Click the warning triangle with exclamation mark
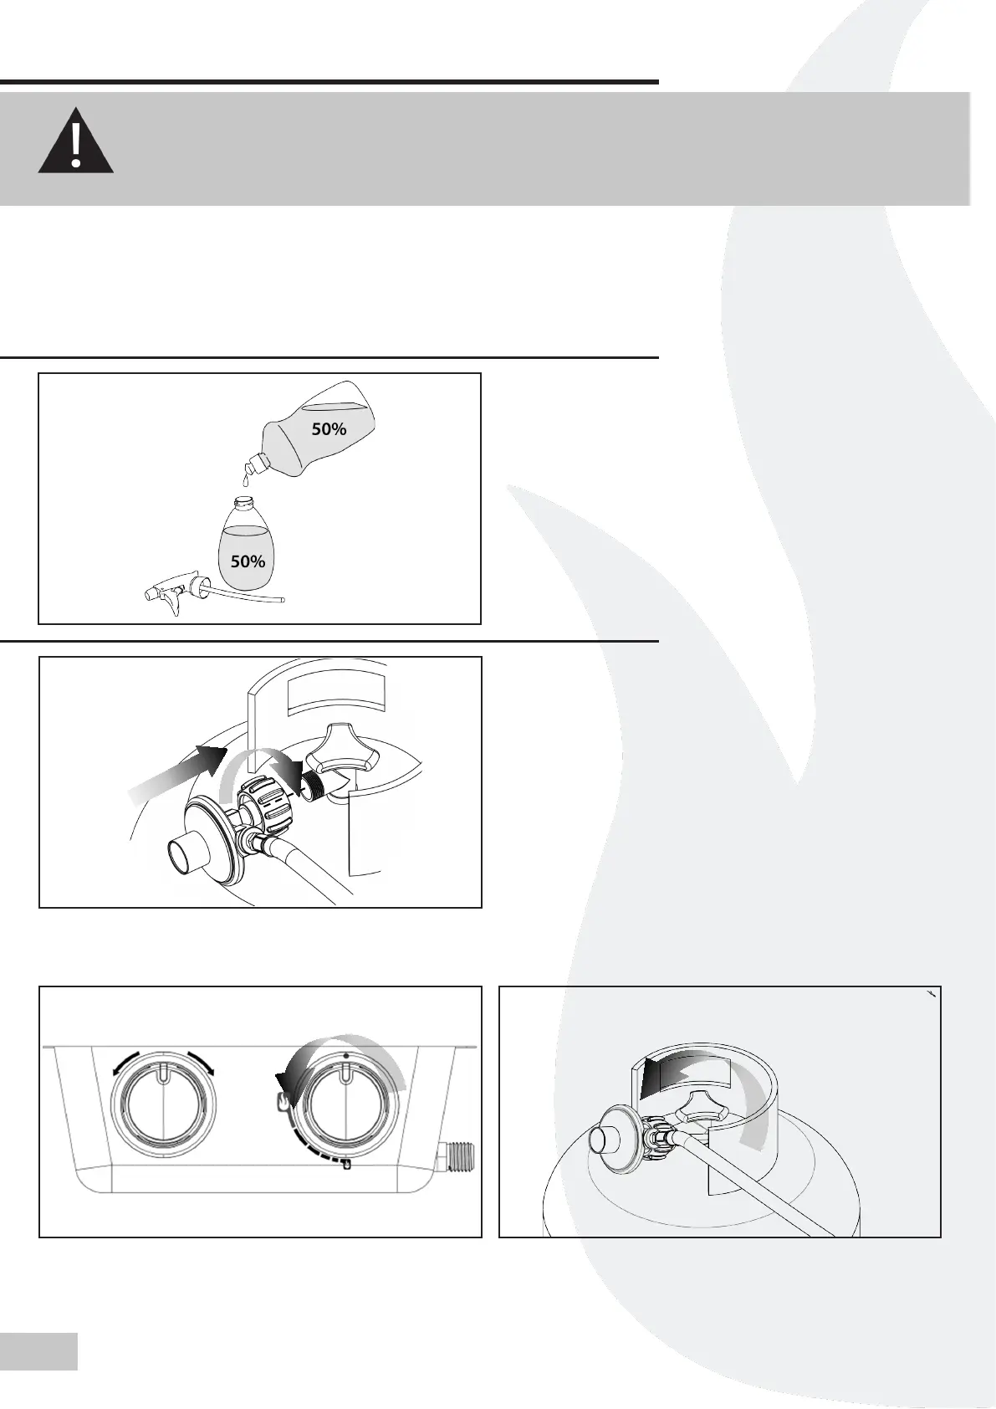(x=75, y=141)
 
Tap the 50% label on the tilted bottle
(x=329, y=429)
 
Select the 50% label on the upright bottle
(x=248, y=561)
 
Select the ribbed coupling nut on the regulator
(x=266, y=802)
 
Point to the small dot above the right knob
(x=345, y=1056)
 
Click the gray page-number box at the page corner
(x=38, y=1350)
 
